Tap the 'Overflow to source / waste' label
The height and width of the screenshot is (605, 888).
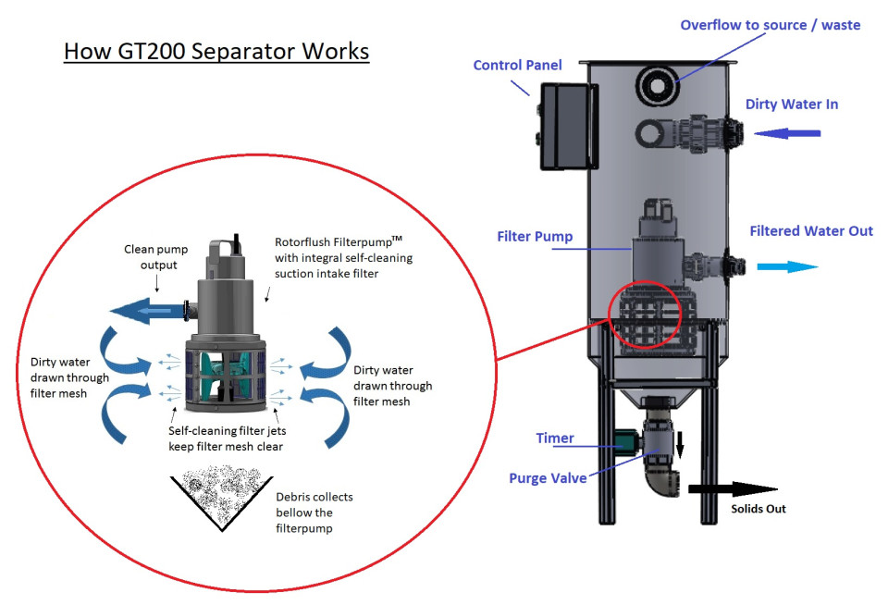[770, 25]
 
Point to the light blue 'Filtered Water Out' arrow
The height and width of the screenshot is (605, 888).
[787, 266]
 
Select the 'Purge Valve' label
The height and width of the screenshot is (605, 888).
[549, 478]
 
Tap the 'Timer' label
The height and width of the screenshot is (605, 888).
[555, 438]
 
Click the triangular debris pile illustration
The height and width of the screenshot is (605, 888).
[220, 500]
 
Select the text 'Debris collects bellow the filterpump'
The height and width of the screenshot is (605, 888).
[314, 512]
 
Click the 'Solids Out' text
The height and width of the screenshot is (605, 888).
[758, 510]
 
